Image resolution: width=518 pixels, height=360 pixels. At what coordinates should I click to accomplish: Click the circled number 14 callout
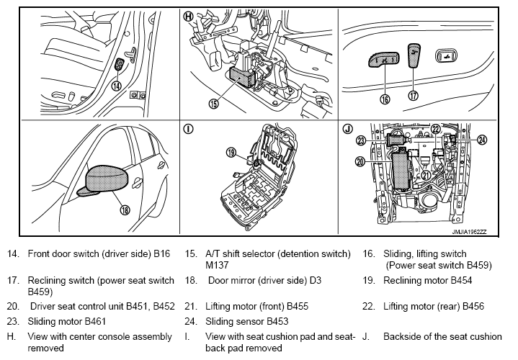pyautogui.click(x=116, y=86)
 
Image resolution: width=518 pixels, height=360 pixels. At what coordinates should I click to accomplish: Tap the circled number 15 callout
pyautogui.click(x=214, y=104)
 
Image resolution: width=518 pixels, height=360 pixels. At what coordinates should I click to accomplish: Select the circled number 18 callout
pyautogui.click(x=125, y=210)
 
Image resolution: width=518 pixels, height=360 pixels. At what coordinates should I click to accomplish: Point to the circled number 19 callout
pyautogui.click(x=231, y=152)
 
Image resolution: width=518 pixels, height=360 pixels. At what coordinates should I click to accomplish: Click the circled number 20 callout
pyautogui.click(x=360, y=161)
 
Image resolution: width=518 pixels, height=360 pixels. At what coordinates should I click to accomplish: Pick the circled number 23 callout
pyautogui.click(x=361, y=141)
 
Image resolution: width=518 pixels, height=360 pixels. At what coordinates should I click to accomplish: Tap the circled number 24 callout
pyautogui.click(x=482, y=140)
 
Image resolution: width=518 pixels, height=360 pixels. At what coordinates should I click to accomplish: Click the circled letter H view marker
pyautogui.click(x=188, y=16)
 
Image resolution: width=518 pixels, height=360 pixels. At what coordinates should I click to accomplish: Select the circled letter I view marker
pyautogui.click(x=188, y=129)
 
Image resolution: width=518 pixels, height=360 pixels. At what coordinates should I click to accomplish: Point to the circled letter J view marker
pyautogui.click(x=347, y=129)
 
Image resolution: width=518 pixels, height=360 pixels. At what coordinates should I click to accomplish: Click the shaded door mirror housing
pyautogui.click(x=107, y=179)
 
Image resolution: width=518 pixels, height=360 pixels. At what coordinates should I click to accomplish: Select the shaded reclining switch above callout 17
pyautogui.click(x=414, y=55)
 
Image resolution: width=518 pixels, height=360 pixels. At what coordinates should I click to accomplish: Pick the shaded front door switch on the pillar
pyautogui.click(x=119, y=64)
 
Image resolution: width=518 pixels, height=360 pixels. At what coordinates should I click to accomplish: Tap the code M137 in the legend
pyautogui.click(x=217, y=265)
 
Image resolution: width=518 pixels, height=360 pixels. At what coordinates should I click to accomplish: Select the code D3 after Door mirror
pyautogui.click(x=315, y=280)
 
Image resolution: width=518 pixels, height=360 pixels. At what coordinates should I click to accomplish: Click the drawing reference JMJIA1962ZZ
pyautogui.click(x=469, y=232)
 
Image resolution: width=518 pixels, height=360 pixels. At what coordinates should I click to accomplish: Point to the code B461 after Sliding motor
pyautogui.click(x=95, y=321)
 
